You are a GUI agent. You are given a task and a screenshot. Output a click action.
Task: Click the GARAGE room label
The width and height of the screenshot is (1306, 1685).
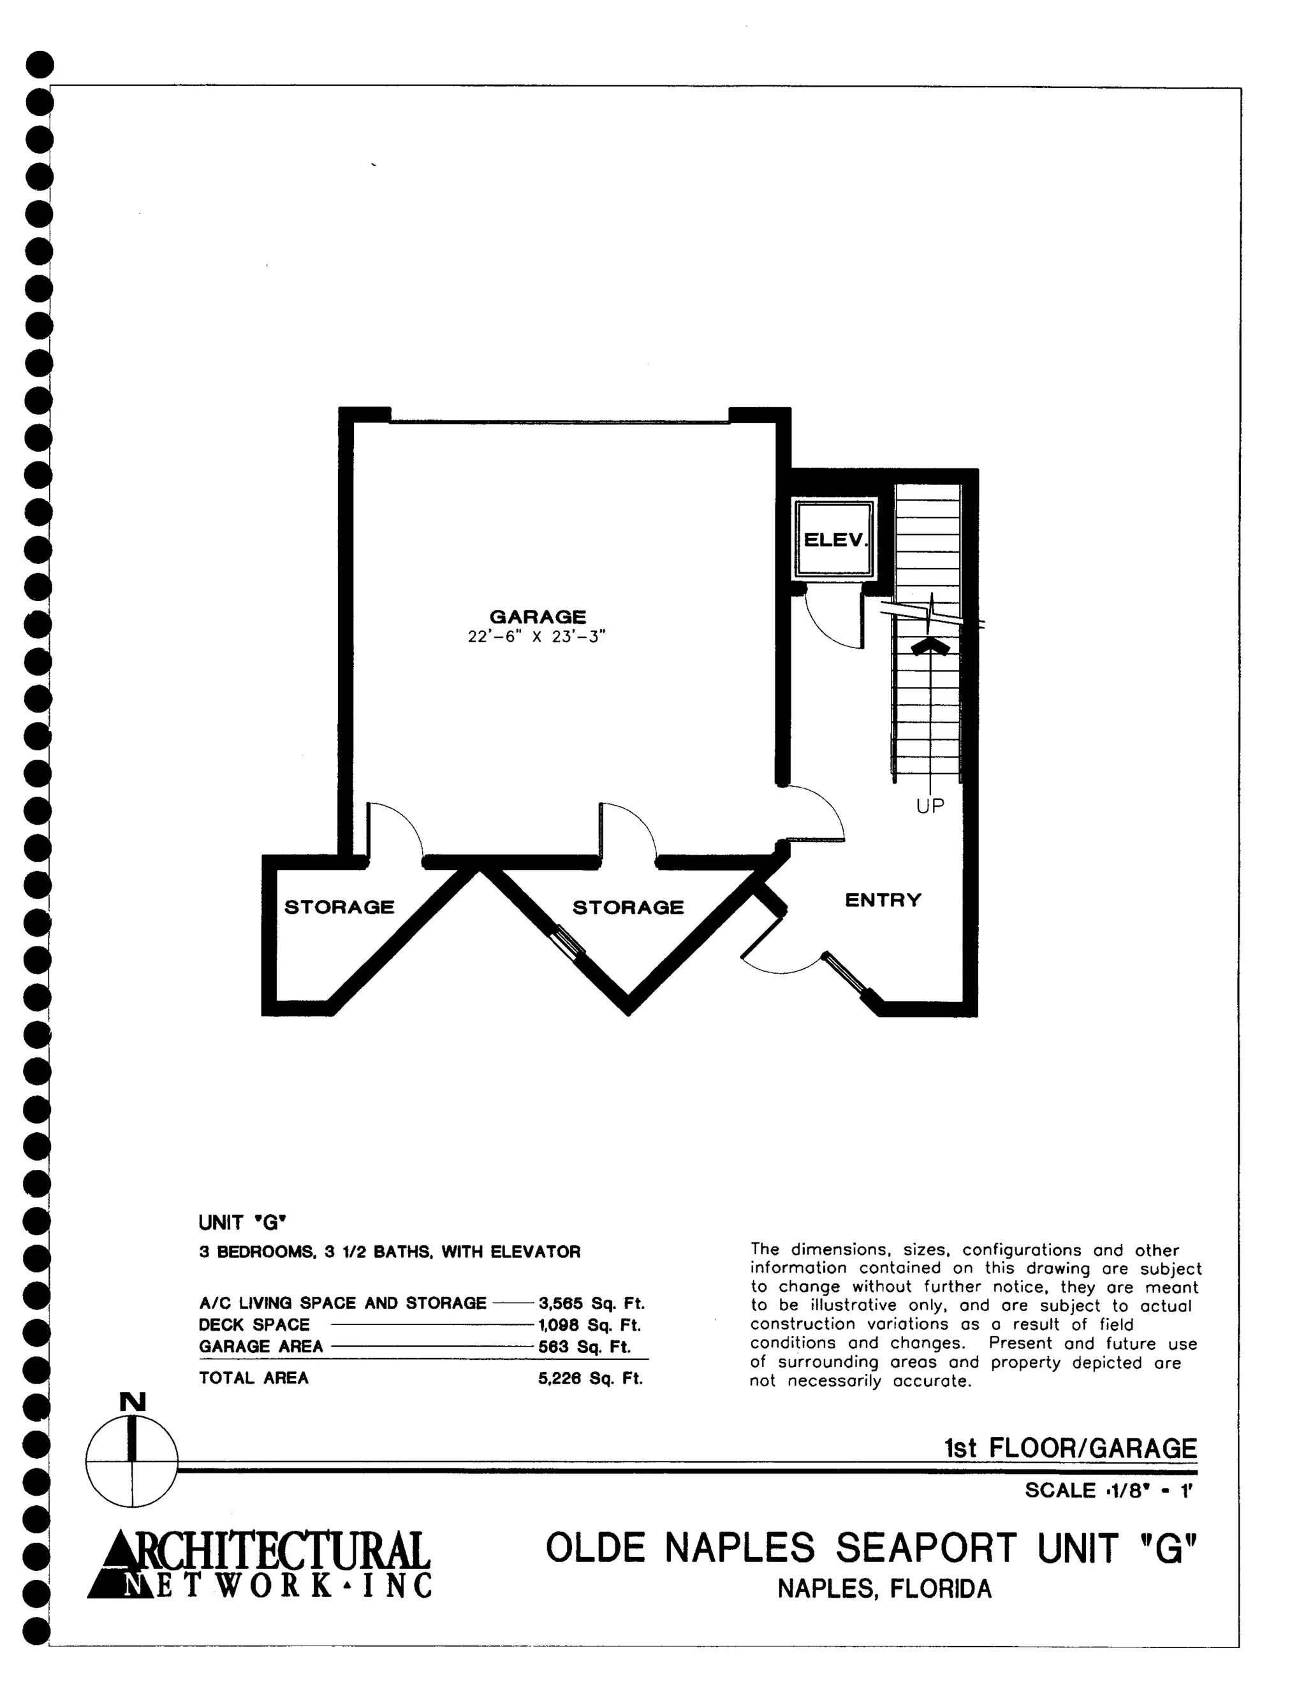pyautogui.click(x=538, y=616)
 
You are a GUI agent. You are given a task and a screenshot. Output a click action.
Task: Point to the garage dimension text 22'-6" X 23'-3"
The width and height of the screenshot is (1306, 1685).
pyautogui.click(x=537, y=637)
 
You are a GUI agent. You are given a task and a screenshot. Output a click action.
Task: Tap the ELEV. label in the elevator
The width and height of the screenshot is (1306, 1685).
pyautogui.click(x=836, y=539)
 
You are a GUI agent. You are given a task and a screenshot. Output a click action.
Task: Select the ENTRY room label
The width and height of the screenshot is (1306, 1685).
pyautogui.click(x=883, y=900)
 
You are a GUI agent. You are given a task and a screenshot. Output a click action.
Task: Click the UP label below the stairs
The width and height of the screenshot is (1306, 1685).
pyautogui.click(x=930, y=806)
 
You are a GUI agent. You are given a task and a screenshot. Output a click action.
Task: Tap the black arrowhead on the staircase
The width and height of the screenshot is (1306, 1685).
pyautogui.click(x=931, y=647)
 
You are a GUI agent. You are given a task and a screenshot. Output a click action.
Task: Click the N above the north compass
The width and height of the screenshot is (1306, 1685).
pyautogui.click(x=133, y=1402)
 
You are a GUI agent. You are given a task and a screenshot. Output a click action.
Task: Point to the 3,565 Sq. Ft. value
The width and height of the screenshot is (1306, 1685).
pyautogui.click(x=591, y=1303)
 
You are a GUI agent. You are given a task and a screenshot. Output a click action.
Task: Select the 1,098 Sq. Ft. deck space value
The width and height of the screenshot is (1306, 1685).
pyautogui.click(x=590, y=1325)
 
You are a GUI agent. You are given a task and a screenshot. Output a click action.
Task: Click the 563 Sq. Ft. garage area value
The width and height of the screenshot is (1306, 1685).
pyautogui.click(x=584, y=1347)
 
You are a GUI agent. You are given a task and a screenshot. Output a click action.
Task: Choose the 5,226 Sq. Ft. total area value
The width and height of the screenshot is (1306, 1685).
pyautogui.click(x=591, y=1378)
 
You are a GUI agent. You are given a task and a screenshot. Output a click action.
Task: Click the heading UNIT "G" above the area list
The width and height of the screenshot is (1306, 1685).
pyautogui.click(x=242, y=1223)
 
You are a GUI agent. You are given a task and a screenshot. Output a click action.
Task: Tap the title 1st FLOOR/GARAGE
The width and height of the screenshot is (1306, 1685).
pyautogui.click(x=1071, y=1447)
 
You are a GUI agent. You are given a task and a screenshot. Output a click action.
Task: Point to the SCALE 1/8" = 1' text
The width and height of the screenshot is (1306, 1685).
pyautogui.click(x=1109, y=1490)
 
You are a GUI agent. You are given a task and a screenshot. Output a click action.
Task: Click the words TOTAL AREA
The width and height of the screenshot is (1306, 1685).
pyautogui.click(x=254, y=1378)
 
